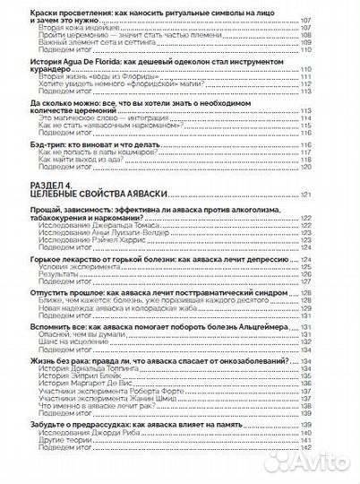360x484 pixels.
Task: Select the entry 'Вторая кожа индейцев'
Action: pos(74,29)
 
